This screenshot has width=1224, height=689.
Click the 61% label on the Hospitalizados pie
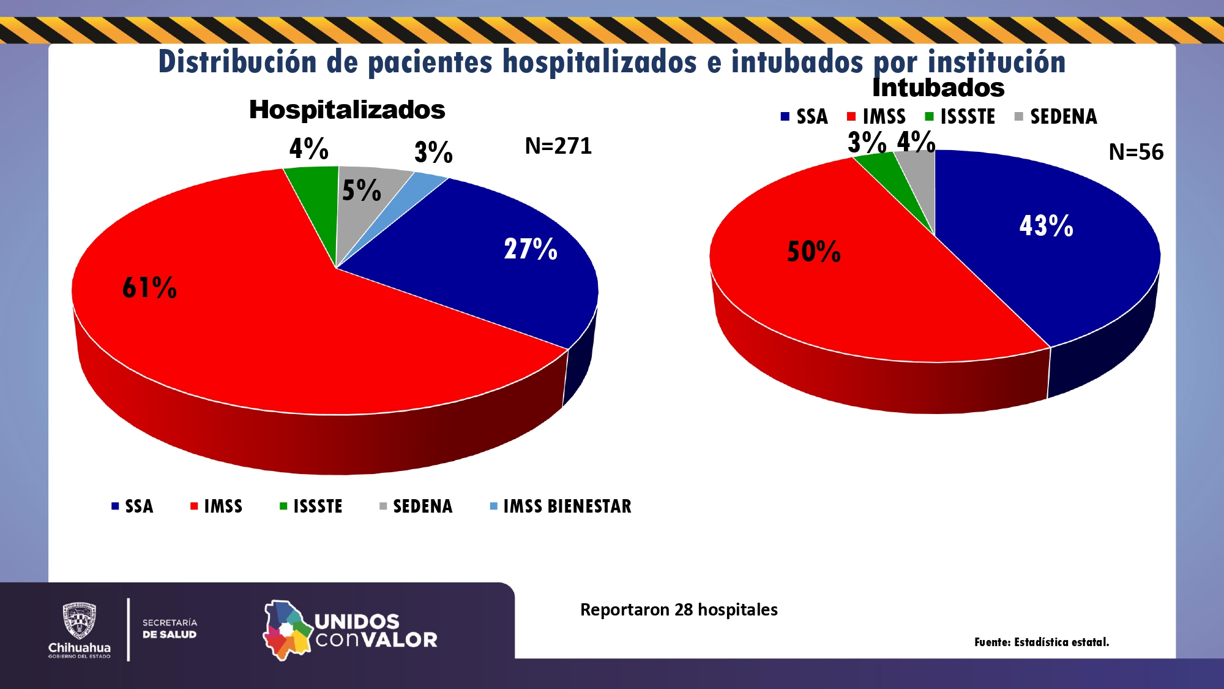149,288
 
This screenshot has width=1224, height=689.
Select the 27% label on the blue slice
530,249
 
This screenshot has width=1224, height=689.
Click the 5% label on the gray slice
361,190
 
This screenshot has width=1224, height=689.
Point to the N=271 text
558,146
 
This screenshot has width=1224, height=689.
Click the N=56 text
1136,152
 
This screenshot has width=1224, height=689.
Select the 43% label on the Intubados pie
1046,226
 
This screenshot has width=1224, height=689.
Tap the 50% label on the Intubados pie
813,252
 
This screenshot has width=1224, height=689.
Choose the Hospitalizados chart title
347,110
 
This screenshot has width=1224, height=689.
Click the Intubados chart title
938,88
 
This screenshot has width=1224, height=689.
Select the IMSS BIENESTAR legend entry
561,506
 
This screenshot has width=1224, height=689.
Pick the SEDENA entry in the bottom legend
416,506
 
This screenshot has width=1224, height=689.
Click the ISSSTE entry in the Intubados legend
960,116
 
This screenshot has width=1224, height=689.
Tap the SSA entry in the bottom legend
133,506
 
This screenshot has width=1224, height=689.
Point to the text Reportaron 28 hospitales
679,610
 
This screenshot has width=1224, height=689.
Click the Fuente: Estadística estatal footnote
1042,642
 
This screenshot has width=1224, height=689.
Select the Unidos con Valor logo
351,630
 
